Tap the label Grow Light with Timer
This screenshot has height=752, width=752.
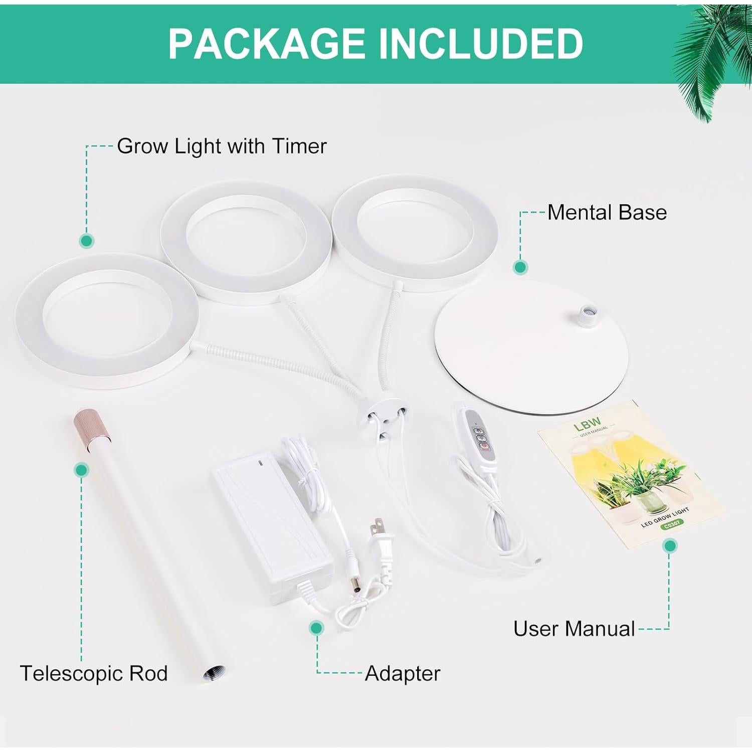pyautogui.click(x=222, y=146)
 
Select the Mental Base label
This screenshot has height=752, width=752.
pyautogui.click(x=607, y=213)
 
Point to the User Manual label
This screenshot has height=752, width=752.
pyautogui.click(x=574, y=629)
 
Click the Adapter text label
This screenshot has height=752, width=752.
pyautogui.click(x=403, y=673)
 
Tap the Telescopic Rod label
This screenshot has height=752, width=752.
pyautogui.click(x=94, y=673)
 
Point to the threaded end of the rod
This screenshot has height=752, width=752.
pyautogui.click(x=214, y=673)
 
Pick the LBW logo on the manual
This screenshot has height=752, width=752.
pyautogui.click(x=587, y=426)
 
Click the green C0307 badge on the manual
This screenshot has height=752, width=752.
pyautogui.click(x=671, y=524)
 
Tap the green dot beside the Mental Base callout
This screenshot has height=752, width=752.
pyautogui.click(x=520, y=267)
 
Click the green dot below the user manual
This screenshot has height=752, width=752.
pyautogui.click(x=669, y=545)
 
